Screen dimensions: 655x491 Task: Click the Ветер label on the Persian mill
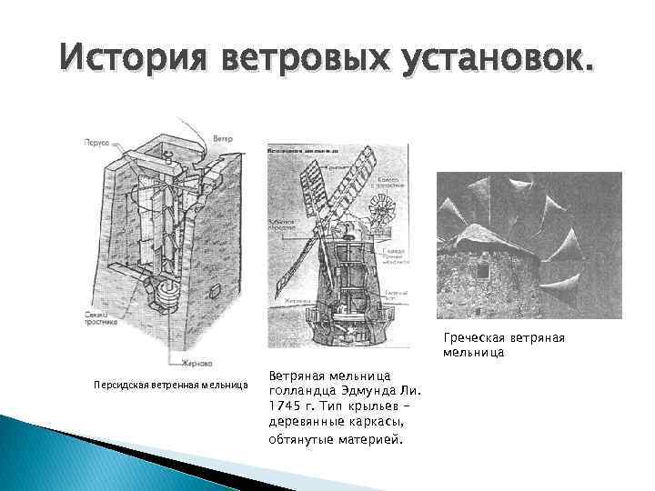tap(223, 139)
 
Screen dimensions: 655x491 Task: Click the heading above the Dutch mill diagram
tap(304, 146)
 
